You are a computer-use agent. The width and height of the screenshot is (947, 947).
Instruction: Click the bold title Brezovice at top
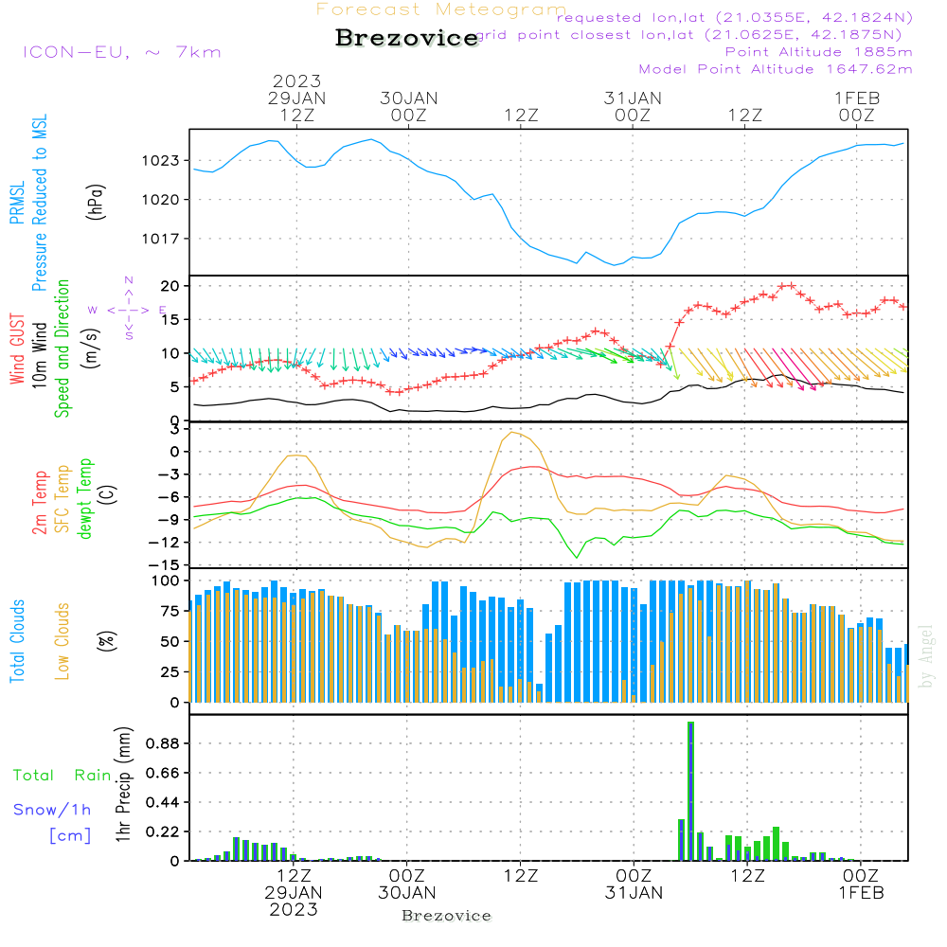click(406, 38)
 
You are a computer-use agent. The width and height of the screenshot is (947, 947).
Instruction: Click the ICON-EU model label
click(121, 51)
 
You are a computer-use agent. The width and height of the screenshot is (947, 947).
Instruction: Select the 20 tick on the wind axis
click(170, 286)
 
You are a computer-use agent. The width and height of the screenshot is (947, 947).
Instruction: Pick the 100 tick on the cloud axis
click(166, 580)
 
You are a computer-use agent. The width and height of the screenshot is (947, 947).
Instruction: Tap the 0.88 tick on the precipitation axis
click(161, 744)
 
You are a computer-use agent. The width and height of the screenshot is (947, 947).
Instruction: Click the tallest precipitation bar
click(690, 791)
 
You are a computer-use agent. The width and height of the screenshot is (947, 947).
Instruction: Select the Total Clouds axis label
click(17, 641)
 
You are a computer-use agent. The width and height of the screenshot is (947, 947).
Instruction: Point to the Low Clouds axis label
click(63, 640)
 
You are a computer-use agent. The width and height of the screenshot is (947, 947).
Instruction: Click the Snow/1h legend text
click(52, 810)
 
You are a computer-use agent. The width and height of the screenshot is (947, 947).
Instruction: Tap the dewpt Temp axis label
click(86, 498)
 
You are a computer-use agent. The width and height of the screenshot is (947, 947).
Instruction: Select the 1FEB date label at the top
click(856, 98)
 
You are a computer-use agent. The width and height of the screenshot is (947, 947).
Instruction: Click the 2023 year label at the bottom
click(294, 909)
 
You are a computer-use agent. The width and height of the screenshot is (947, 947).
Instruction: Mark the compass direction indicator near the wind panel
click(128, 309)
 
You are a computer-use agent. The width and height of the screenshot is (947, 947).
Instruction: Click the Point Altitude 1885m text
click(819, 51)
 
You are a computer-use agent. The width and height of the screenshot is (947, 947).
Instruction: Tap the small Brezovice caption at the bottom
click(446, 916)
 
